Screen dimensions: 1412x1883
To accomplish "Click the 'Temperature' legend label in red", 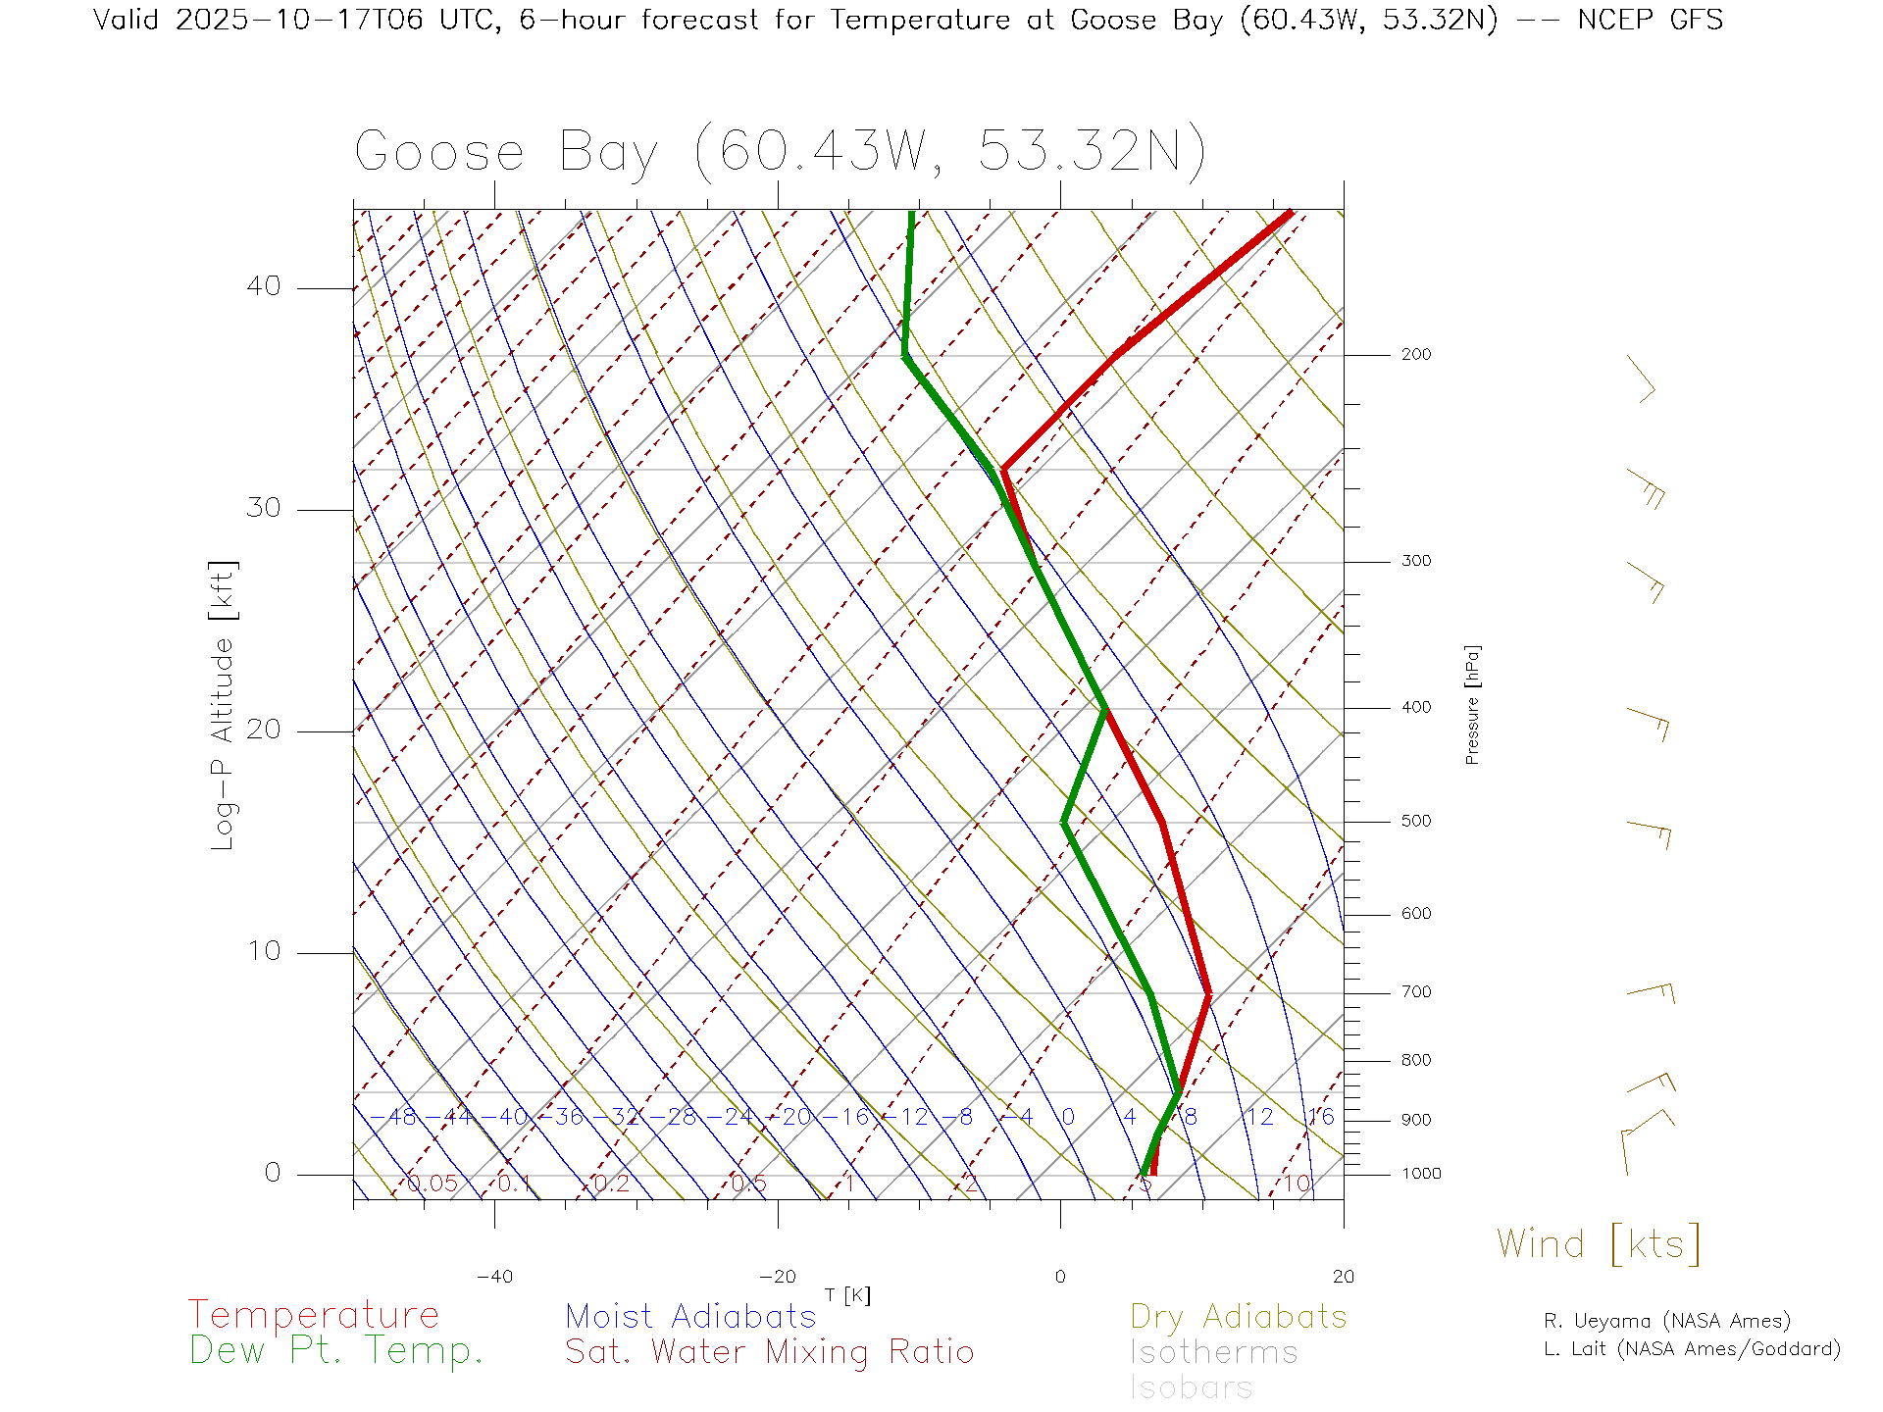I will (314, 1315).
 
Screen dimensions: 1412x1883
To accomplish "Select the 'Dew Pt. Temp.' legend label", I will (336, 1351).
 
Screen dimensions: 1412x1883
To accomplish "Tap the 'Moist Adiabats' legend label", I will (690, 1316).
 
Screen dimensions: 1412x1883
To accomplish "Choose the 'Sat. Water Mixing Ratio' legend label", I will (769, 1352).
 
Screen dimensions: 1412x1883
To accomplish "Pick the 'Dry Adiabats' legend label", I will (1238, 1316).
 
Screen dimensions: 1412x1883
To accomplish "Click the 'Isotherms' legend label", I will (1213, 1352).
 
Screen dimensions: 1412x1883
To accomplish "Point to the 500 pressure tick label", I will (1415, 821).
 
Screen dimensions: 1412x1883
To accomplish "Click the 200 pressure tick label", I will (1415, 354).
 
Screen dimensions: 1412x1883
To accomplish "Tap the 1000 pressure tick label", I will (1421, 1174).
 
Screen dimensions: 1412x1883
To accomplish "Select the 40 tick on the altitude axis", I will (263, 286).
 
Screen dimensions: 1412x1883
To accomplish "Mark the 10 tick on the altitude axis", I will (263, 951).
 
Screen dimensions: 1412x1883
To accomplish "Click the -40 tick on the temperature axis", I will (494, 1277).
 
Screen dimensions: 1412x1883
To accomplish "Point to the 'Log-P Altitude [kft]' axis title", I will (224, 706).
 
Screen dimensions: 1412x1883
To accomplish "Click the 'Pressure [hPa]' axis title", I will (1472, 704).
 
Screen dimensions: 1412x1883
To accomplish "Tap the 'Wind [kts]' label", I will (1598, 1244).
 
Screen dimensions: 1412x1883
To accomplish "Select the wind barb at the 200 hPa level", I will (1641, 378).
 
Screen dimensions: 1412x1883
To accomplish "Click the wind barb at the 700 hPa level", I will (1651, 991).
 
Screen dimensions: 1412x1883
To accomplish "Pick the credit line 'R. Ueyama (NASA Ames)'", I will (1666, 1321).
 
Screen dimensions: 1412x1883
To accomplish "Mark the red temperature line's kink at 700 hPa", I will (1208, 994).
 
